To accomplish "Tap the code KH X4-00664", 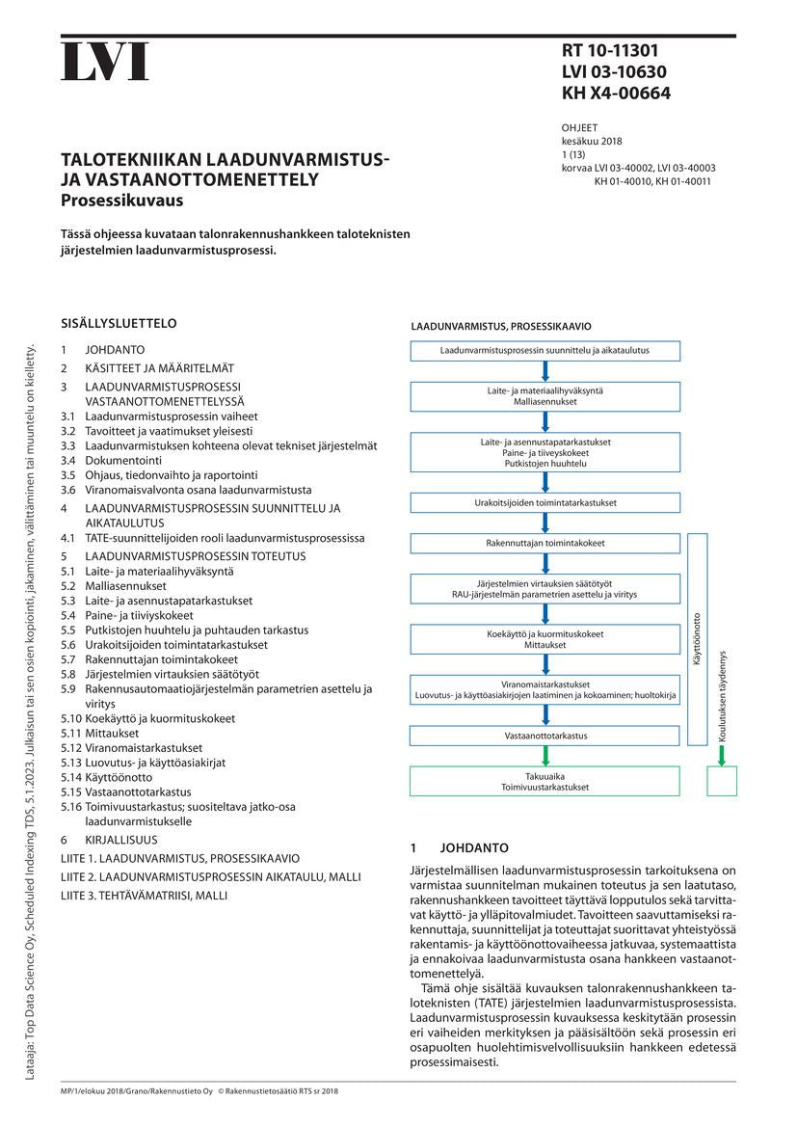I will pos(616,94).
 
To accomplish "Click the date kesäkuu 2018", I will pos(592,141).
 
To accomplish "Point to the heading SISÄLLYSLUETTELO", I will pos(119,324).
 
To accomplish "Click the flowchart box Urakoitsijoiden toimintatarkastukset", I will pos(545,503).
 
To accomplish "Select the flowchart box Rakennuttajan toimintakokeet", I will pos(545,544).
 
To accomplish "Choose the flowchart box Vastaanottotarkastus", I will pos(545,736).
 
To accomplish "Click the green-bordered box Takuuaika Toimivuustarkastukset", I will pos(545,781).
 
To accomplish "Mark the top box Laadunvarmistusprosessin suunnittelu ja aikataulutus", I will pos(545,350).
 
